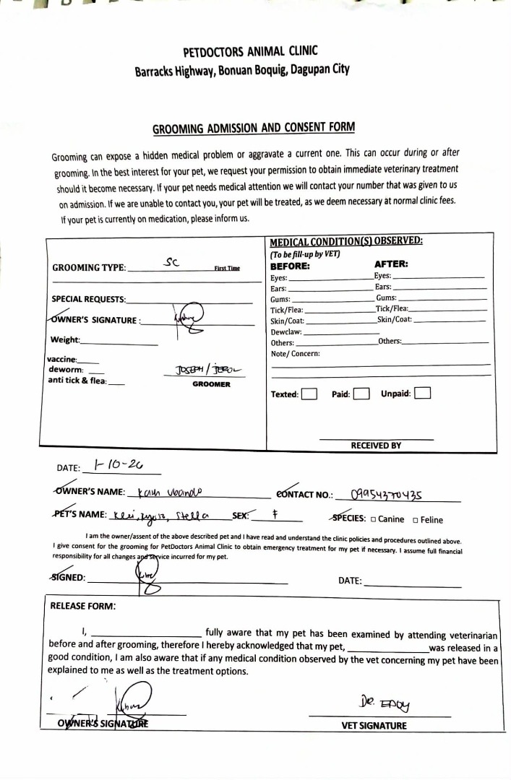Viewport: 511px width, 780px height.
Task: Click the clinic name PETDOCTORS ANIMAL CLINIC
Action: point(251,52)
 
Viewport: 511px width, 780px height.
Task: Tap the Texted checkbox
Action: point(309,394)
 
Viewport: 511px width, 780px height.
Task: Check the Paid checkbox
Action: point(361,394)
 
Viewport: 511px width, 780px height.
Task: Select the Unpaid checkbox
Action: point(423,394)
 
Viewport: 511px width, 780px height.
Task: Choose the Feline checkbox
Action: point(416,519)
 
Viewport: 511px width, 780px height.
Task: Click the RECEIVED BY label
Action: point(376,446)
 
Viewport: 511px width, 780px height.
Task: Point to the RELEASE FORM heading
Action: point(83,607)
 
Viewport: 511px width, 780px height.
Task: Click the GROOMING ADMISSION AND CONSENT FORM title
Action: point(254,129)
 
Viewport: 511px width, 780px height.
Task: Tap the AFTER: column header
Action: point(391,264)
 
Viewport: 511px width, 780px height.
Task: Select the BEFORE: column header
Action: point(289,264)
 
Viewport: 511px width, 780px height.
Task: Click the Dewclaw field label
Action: point(286,331)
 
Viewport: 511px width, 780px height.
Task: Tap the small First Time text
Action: point(227,268)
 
